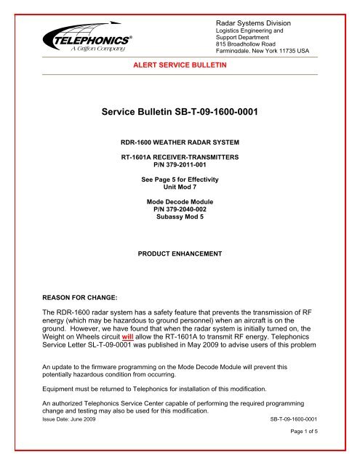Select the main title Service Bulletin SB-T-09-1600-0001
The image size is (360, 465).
[179, 113]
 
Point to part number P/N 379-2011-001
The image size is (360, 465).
[179, 166]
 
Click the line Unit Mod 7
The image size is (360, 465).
[179, 187]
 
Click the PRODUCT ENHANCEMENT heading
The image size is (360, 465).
[179, 256]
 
